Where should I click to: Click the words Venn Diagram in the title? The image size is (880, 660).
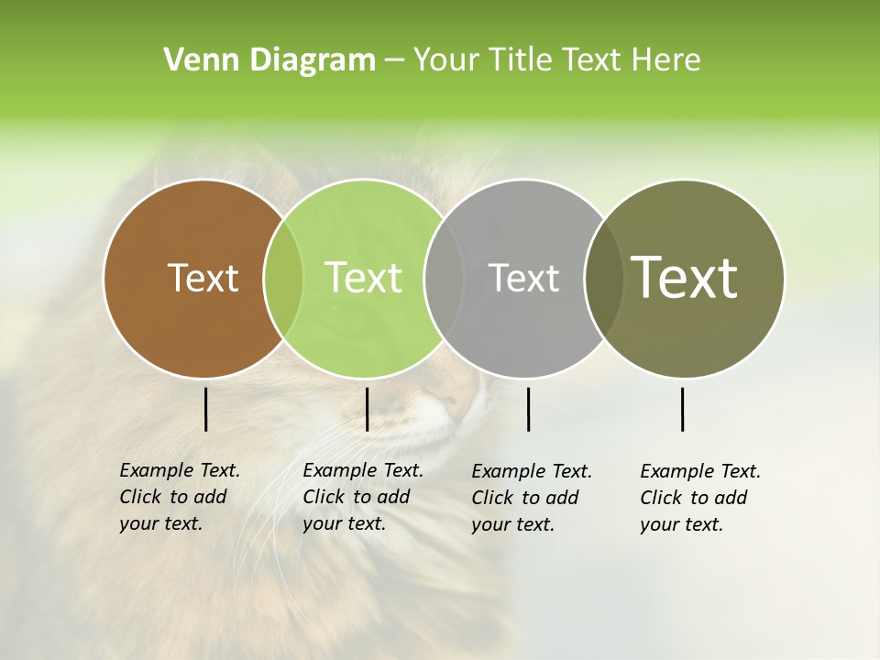[269, 60]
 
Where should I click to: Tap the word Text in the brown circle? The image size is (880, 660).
[203, 278]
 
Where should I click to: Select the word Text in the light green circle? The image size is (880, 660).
[363, 278]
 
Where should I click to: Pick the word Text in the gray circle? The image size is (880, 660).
[523, 278]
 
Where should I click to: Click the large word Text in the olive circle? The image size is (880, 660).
[685, 277]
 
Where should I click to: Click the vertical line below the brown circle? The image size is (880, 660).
[205, 409]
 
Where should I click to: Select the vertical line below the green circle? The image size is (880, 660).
[367, 409]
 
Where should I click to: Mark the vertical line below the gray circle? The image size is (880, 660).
[528, 409]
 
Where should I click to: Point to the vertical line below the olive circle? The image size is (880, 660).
[682, 409]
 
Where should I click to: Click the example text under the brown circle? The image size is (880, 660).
[179, 497]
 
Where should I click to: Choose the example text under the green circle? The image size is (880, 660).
[362, 497]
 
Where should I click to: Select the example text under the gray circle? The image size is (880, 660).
[531, 498]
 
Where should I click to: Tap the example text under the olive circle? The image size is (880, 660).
[699, 498]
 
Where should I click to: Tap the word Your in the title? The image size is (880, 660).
[445, 60]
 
